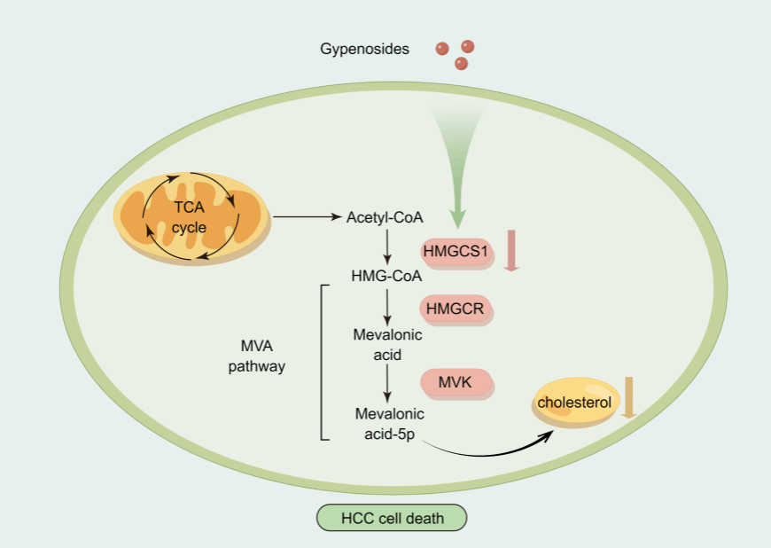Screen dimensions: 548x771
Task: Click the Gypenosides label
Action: tap(364, 49)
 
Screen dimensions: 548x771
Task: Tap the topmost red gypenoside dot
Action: tap(468, 45)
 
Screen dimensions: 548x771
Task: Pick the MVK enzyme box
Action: tap(456, 382)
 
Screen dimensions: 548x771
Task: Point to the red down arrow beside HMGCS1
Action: tap(510, 250)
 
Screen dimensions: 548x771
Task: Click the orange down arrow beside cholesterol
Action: tap(629, 396)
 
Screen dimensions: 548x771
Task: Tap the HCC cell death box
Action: tap(392, 517)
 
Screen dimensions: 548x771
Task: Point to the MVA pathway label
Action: tap(262, 355)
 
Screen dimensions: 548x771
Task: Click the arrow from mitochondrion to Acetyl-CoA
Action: tap(307, 216)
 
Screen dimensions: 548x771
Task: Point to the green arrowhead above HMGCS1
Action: tap(458, 215)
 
